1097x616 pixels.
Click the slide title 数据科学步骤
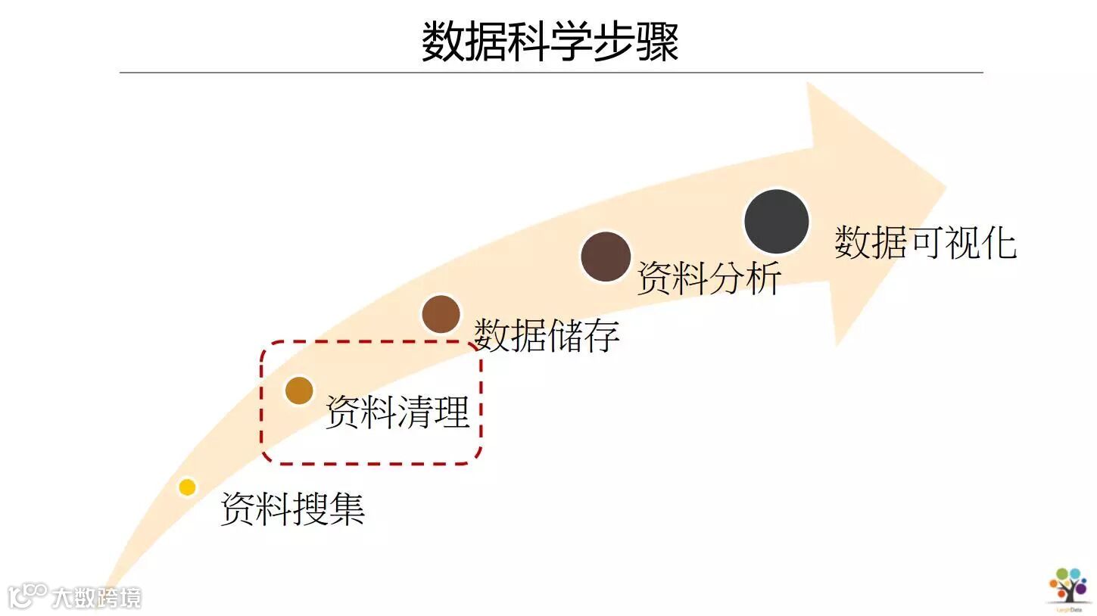pyautogui.click(x=550, y=41)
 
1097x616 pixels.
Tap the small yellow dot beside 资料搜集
pyautogui.click(x=187, y=487)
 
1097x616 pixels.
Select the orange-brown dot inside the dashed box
pyautogui.click(x=299, y=390)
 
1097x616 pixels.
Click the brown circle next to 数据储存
pyautogui.click(x=441, y=314)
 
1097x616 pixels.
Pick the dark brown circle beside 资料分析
pyautogui.click(x=606, y=257)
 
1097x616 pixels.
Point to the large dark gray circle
pyautogui.click(x=777, y=222)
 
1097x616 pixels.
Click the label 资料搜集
pyautogui.click(x=293, y=508)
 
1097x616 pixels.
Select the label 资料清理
pyautogui.click(x=397, y=412)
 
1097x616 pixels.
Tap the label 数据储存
pyautogui.click(x=547, y=334)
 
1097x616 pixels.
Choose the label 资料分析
pyautogui.click(x=709, y=277)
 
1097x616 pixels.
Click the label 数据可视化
pyautogui.click(x=925, y=242)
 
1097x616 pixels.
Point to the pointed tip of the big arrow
pyautogui.click(x=946, y=185)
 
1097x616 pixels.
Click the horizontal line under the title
pyautogui.click(x=551, y=73)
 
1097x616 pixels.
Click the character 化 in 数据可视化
pyautogui.click(x=998, y=242)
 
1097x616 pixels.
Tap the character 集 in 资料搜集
pyautogui.click(x=347, y=508)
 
